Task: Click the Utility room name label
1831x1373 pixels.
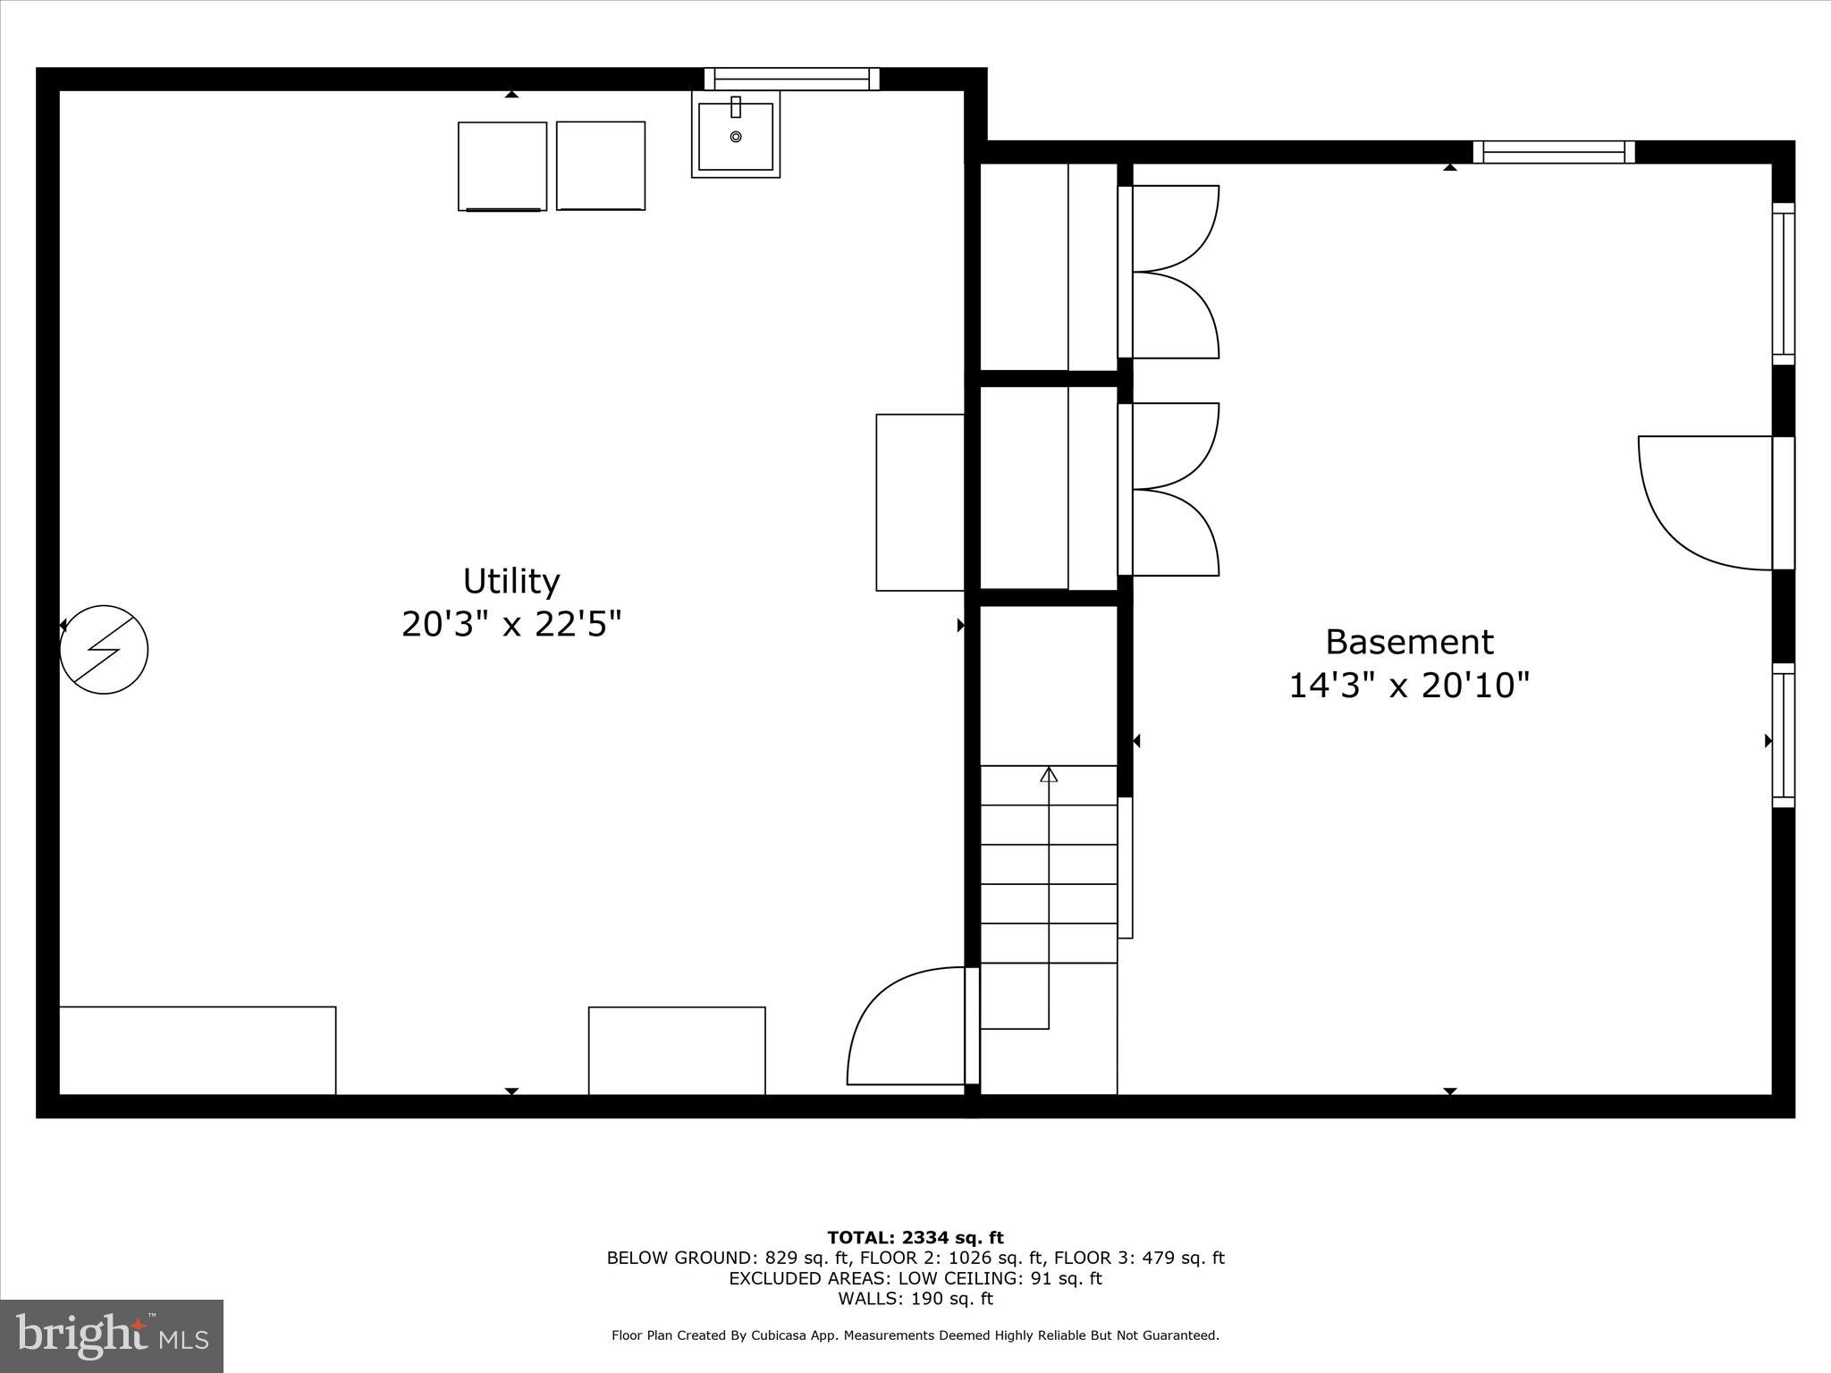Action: click(x=510, y=582)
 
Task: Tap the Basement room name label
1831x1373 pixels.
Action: click(x=1409, y=642)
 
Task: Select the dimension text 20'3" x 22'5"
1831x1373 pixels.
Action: click(x=510, y=624)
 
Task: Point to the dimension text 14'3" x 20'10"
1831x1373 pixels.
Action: click(x=1409, y=686)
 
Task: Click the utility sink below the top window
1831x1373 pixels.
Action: click(x=735, y=135)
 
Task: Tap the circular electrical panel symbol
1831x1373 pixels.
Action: click(x=104, y=650)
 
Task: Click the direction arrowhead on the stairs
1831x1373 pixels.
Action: click(x=1049, y=774)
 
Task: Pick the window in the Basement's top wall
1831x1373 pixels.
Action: click(x=1554, y=152)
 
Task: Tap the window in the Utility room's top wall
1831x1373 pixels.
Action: click(x=791, y=80)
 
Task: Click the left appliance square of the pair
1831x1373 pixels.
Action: click(x=502, y=166)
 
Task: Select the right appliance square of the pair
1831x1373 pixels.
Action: click(x=601, y=166)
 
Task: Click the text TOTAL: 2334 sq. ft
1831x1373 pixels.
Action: click(x=915, y=1238)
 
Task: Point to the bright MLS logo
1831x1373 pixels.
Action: click(x=112, y=1336)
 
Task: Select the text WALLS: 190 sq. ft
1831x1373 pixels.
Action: click(x=915, y=1299)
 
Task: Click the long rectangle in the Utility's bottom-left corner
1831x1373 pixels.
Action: click(x=198, y=1050)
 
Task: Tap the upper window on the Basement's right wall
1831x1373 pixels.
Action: click(x=1783, y=284)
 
